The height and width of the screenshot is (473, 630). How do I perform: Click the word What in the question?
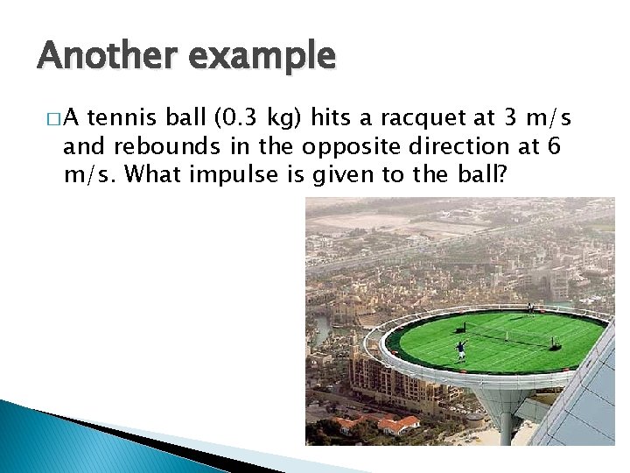[x=150, y=174]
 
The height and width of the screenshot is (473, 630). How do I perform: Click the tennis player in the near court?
[x=461, y=351]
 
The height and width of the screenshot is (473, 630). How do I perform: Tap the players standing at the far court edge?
[x=530, y=307]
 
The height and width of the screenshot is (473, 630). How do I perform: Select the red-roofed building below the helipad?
[x=398, y=424]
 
